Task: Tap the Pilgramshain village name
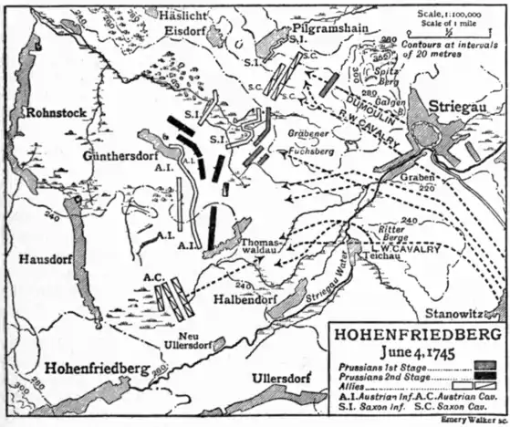[x=323, y=28]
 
